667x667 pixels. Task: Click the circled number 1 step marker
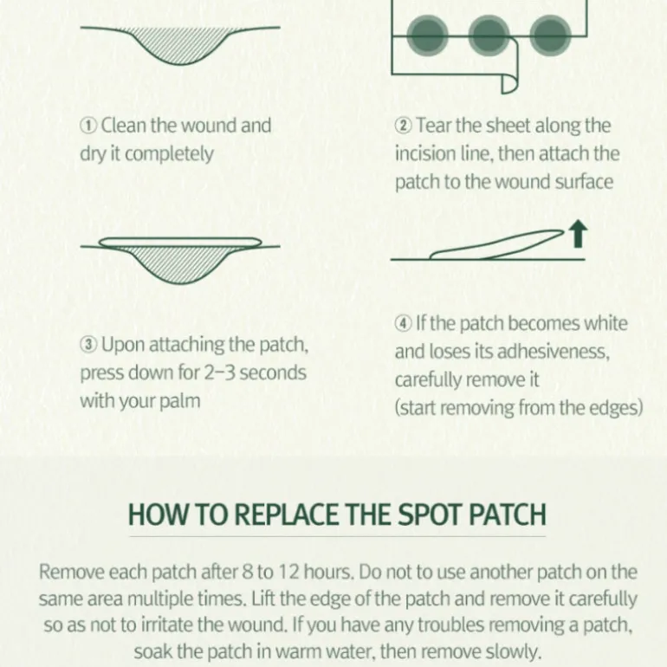88,126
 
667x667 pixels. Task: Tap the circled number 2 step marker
404,126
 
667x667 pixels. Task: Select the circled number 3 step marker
88,345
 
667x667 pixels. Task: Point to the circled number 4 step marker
404,324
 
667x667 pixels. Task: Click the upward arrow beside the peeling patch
578,234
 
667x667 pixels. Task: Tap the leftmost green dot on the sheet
428,36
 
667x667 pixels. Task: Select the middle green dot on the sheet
489,36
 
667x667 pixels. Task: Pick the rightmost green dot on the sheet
550,36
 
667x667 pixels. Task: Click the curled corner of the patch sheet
509,83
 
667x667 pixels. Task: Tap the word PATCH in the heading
507,515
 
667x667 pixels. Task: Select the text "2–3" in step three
219,373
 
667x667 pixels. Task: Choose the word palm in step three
179,402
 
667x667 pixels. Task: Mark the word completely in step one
169,155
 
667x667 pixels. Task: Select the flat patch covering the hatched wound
180,243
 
